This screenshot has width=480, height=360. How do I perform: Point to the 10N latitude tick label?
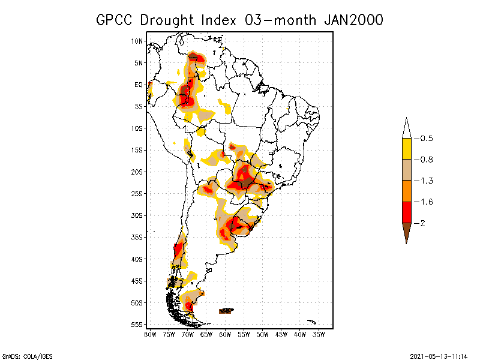tap(137, 41)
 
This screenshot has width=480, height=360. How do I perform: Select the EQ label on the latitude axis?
tap(139, 85)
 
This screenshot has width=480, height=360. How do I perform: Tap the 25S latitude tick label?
tap(137, 194)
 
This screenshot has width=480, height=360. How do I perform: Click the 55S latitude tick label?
tap(137, 325)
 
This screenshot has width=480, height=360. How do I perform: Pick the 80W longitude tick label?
tap(150, 334)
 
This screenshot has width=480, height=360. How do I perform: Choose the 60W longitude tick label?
tap(225, 334)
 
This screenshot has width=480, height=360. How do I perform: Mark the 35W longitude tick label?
tap(319, 334)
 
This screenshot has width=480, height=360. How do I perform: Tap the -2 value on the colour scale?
tap(422, 223)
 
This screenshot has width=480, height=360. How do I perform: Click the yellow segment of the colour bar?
tap(406, 149)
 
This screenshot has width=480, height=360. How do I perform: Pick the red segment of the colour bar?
tap(406, 212)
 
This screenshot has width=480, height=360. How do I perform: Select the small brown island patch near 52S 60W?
tap(226, 311)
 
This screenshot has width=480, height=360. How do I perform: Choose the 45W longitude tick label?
tap(281, 334)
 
